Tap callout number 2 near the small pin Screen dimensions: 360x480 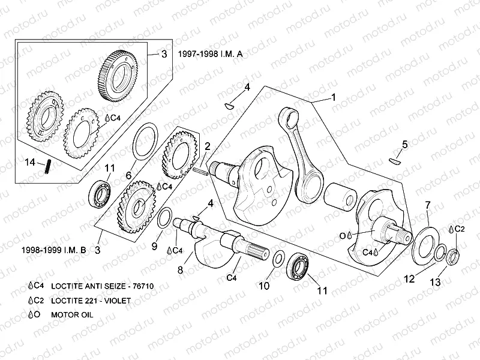(206, 146)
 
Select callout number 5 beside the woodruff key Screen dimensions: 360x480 (404, 144)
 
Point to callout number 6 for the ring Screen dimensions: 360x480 (128, 175)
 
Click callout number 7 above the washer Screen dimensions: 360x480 (427, 205)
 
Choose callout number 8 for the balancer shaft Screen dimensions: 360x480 (179, 271)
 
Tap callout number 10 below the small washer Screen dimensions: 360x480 (264, 286)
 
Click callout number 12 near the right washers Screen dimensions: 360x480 (409, 278)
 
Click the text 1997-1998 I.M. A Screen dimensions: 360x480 (210, 53)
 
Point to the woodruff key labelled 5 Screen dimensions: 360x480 (395, 160)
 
